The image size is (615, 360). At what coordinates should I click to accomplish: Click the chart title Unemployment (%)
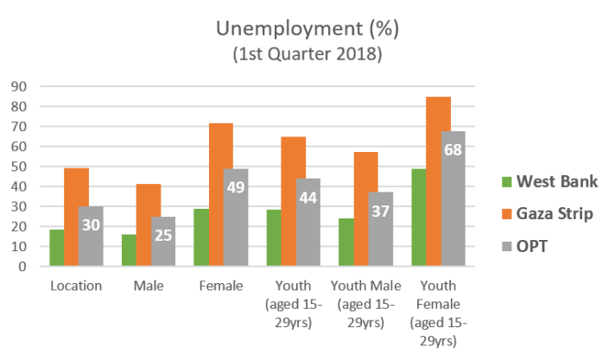[307, 28]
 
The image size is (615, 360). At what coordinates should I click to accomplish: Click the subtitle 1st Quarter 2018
[307, 54]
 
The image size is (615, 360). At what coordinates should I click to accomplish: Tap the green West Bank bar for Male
[128, 250]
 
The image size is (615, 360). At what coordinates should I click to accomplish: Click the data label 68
[453, 149]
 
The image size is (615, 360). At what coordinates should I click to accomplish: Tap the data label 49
[236, 186]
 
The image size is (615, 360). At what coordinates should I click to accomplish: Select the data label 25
[163, 234]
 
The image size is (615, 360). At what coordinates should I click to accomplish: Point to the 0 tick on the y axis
[20, 267]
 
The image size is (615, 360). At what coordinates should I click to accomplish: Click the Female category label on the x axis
[221, 287]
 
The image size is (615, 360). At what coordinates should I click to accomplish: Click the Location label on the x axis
[76, 287]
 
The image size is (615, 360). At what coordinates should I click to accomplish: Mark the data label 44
[308, 197]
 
